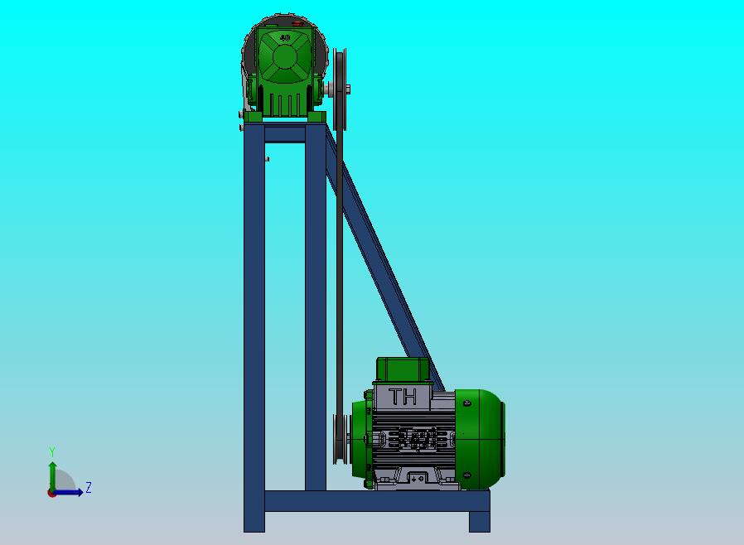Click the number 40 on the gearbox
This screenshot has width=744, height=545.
coord(285,37)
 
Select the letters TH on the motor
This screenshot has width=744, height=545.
coord(403,397)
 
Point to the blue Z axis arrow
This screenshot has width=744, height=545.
coord(71,492)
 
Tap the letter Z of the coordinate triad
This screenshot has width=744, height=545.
coord(89,488)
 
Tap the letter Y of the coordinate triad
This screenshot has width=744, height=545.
coord(52,451)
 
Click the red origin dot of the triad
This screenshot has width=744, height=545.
coord(51,493)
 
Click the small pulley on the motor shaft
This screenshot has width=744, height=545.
coord(339,439)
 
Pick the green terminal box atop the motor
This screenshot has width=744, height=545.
coord(403,369)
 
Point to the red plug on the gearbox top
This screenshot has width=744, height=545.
coord(296,25)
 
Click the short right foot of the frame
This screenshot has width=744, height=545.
coord(480,521)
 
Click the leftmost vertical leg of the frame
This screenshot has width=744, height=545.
coord(254,331)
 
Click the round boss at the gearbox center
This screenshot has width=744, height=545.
coord(284,57)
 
